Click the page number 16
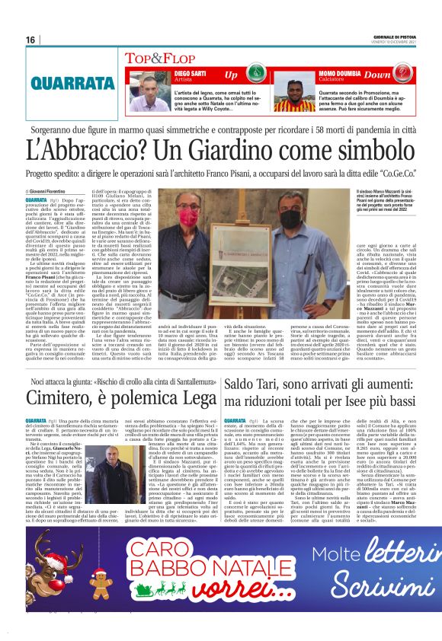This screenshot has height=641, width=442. tap(30, 40)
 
